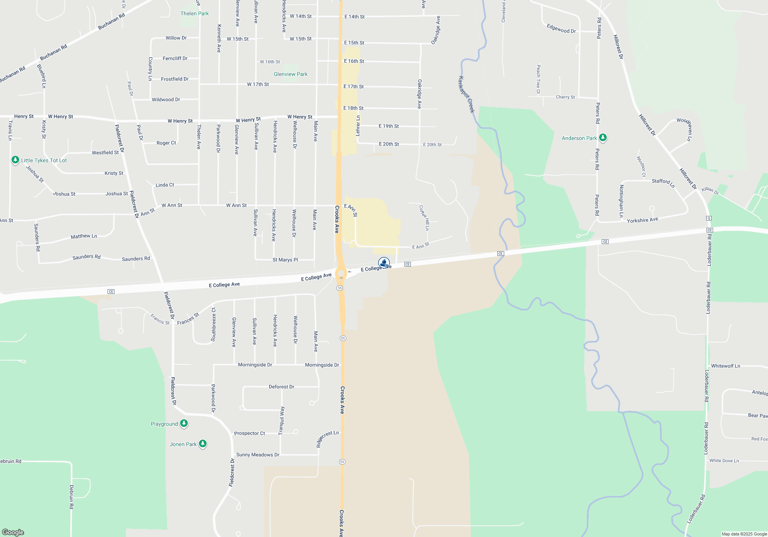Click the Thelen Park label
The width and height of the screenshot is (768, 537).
[194, 13]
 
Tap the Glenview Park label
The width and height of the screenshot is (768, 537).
[290, 74]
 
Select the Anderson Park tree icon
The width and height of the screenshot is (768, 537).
[603, 137]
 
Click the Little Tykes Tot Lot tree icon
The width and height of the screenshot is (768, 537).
[15, 160]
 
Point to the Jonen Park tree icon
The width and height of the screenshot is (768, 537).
[203, 444]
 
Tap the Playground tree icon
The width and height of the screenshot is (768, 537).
[184, 423]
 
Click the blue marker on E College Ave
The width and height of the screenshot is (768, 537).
[384, 263]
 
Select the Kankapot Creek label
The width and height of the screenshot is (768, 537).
[467, 94]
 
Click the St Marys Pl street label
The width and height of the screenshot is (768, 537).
[285, 260]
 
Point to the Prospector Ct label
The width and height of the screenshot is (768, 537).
[249, 433]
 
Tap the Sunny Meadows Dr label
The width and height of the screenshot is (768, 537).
[257, 455]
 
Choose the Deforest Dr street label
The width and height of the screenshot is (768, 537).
[281, 387]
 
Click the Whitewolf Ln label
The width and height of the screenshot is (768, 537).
[725, 366]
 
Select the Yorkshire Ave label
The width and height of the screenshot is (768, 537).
[642, 220]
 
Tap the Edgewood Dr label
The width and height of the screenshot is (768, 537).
[561, 28]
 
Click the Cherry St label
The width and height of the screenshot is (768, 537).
[565, 97]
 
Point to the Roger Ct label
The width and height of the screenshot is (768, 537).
[166, 143]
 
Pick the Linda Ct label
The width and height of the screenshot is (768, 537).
[165, 185]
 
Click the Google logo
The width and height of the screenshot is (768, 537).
[13, 532]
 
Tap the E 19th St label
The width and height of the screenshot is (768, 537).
[389, 126]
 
